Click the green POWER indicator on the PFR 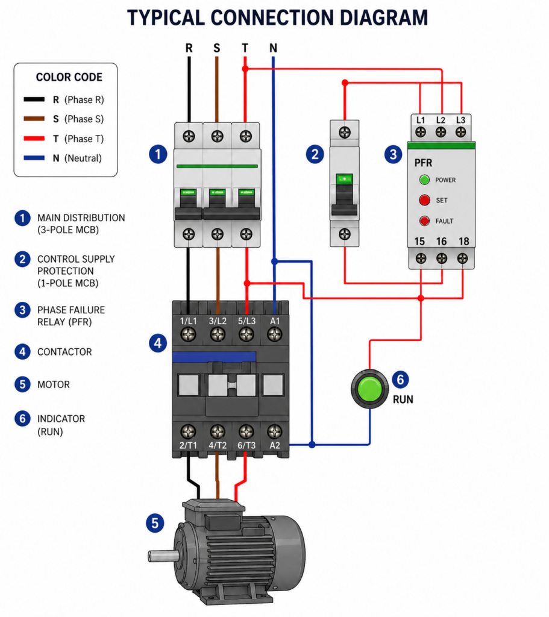click(x=424, y=180)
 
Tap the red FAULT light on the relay click(x=424, y=221)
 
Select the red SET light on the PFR click(x=424, y=200)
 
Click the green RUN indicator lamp click(x=369, y=389)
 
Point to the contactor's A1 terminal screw click(x=274, y=335)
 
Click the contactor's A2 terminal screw click(x=274, y=431)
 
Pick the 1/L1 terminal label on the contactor click(x=188, y=321)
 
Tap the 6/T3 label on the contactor click(x=246, y=445)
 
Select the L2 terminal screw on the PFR click(x=441, y=132)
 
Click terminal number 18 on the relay click(x=463, y=241)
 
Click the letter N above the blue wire click(x=273, y=48)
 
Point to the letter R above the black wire click(x=189, y=48)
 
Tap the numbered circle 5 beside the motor click(x=155, y=524)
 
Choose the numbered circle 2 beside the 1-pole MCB click(x=315, y=154)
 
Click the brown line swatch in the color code click(x=34, y=119)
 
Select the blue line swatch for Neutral click(x=34, y=158)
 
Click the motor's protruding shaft click(x=163, y=556)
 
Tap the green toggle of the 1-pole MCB click(x=344, y=180)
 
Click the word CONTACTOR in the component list click(x=64, y=352)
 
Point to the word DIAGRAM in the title click(x=383, y=17)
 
